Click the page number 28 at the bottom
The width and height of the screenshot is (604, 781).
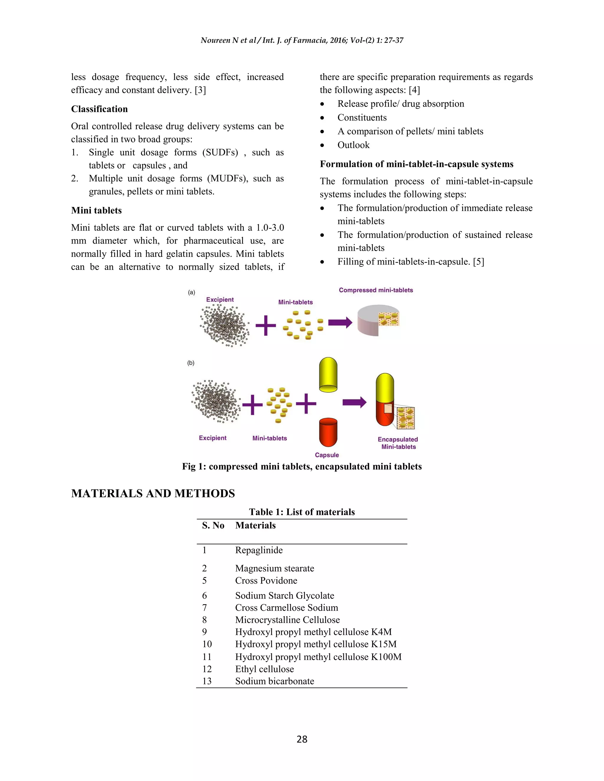click(302, 739)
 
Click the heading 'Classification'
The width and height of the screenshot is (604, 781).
click(99, 109)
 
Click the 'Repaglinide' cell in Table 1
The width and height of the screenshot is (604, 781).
click(259, 550)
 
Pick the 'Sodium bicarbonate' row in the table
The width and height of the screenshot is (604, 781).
click(275, 681)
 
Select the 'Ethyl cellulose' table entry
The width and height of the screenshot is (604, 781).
click(265, 669)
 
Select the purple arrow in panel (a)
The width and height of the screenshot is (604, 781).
click(340, 322)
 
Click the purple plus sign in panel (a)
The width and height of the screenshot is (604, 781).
click(265, 325)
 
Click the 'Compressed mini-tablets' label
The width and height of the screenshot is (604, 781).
click(376, 290)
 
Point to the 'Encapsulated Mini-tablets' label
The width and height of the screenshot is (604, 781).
click(398, 443)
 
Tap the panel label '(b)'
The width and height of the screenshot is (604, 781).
click(191, 363)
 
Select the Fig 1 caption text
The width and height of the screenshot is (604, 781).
click(302, 467)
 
